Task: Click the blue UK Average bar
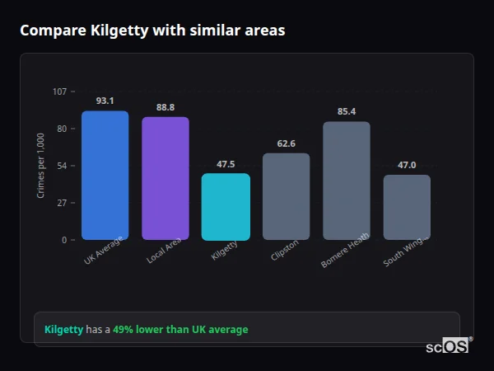click(105, 175)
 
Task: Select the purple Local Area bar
click(165, 178)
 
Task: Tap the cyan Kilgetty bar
click(226, 206)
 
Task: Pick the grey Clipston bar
click(286, 196)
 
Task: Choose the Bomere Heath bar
click(347, 181)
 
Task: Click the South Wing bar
click(407, 207)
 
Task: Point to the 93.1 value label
click(105, 101)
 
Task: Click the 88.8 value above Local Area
click(165, 107)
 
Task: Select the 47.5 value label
click(226, 164)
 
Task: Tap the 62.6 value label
click(286, 143)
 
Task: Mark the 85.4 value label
click(347, 111)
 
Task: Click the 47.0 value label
click(407, 165)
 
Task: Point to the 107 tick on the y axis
click(59, 92)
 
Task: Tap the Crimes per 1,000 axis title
click(41, 165)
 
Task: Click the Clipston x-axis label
click(285, 250)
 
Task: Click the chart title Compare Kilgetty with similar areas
click(152, 31)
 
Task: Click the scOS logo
click(448, 346)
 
